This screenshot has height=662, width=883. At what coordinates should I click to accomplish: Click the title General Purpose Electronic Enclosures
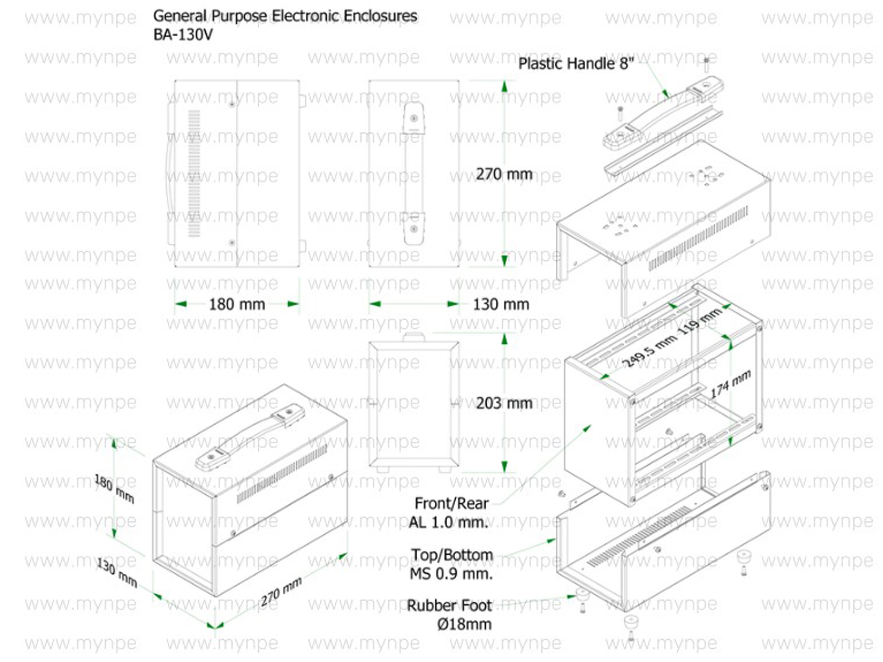[285, 16]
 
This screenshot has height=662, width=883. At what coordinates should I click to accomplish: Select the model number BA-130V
[183, 35]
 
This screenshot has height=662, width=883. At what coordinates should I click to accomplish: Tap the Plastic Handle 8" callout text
[576, 64]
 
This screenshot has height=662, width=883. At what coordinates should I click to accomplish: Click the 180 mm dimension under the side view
[237, 304]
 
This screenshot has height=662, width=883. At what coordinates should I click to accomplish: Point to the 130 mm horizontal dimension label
[501, 304]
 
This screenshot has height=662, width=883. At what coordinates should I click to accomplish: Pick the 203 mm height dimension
[504, 403]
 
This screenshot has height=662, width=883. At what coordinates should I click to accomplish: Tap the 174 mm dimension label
[731, 383]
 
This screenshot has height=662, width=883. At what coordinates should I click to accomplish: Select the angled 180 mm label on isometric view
[114, 489]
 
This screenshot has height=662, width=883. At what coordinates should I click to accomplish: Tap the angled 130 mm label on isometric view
[117, 573]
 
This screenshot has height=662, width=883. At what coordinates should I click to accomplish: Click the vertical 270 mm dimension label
[504, 174]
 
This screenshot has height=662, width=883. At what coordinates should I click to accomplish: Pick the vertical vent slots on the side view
[194, 173]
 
